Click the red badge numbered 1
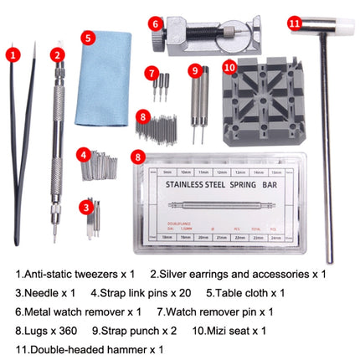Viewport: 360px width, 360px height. click(13, 54)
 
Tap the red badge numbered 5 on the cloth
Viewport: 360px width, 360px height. click(87, 38)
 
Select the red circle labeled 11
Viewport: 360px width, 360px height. click(294, 23)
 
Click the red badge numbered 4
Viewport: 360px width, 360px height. click(84, 154)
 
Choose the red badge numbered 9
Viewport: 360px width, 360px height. click(195, 70)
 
